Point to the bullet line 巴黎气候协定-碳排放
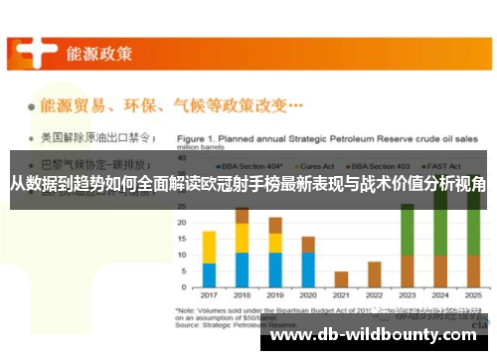coord(90,164)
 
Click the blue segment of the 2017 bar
coord(209,275)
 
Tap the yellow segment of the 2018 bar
coord(242,238)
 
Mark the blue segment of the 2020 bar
coord(308,270)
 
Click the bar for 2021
coord(341,279)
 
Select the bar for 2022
coord(374,275)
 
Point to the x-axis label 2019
coord(275,295)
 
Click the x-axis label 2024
coord(440,295)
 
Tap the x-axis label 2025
coord(473,295)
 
